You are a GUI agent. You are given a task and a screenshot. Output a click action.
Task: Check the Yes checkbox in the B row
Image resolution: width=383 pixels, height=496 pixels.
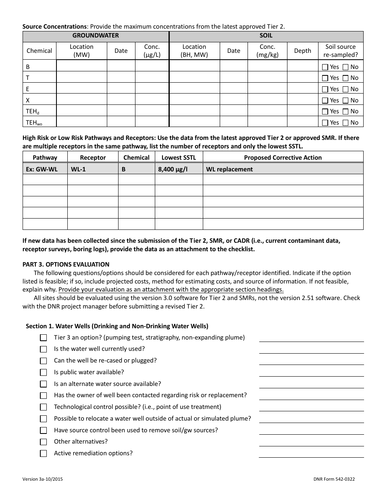click(x=325, y=67)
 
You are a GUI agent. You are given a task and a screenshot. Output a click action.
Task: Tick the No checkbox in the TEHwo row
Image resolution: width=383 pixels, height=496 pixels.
click(x=346, y=123)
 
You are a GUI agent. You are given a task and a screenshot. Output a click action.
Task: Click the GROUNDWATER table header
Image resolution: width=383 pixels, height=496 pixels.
click(x=96, y=36)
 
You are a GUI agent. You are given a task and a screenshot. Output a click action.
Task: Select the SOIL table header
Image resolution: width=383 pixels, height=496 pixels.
click(x=266, y=36)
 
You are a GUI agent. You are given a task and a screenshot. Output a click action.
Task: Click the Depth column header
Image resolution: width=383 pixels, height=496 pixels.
click(x=302, y=51)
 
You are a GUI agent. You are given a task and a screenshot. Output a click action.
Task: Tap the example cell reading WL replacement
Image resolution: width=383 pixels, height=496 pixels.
click(x=229, y=169)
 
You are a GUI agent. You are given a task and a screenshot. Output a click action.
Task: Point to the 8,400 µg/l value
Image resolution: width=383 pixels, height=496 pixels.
click(x=173, y=169)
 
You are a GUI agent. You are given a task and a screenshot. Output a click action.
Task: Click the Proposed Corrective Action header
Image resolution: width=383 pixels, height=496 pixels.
click(x=283, y=158)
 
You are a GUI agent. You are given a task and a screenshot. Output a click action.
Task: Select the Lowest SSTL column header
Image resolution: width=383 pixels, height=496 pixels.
click(x=178, y=158)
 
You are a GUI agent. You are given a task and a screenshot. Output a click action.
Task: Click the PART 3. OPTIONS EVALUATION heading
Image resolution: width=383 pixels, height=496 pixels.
click(x=66, y=265)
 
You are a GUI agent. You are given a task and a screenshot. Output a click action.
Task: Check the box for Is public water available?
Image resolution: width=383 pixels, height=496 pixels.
click(x=44, y=373)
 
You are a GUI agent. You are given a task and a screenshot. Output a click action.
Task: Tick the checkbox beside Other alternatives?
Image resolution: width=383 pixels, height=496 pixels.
click(x=44, y=442)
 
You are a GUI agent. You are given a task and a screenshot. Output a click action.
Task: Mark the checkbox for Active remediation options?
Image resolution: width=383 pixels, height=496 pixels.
click(x=44, y=454)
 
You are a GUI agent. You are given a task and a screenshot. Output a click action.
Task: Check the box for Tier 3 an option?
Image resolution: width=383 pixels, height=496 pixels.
click(x=44, y=338)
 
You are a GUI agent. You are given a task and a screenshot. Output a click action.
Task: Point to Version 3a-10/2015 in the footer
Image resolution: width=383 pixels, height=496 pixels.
click(x=42, y=479)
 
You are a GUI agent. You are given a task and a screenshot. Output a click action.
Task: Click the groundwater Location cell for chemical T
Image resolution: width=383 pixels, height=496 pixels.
click(x=81, y=78)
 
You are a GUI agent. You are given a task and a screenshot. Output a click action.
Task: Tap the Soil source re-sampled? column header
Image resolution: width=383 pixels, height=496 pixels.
click(x=340, y=51)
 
